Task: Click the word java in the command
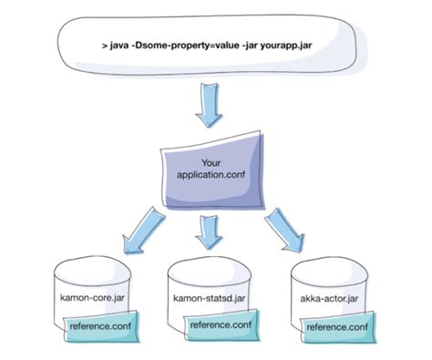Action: pyautogui.click(x=119, y=44)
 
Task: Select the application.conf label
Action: pyautogui.click(x=211, y=174)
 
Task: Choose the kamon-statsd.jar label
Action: pyautogui.click(x=209, y=298)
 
